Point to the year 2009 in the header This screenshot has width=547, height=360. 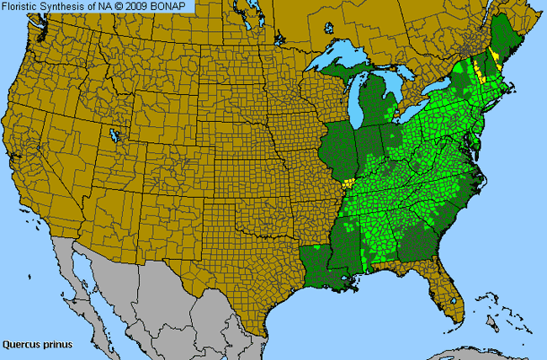[146, 7]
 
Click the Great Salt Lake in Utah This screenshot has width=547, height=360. [113, 134]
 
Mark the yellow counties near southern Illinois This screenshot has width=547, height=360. [348, 182]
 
